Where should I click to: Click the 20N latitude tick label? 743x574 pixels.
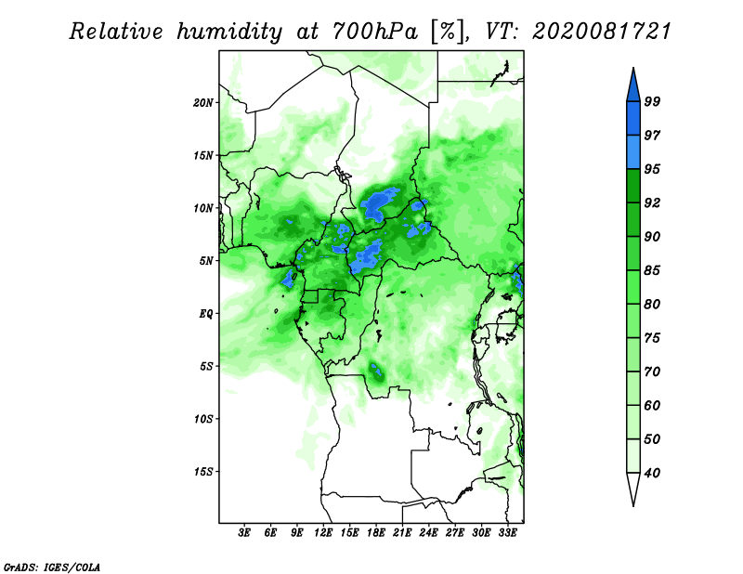click(x=203, y=103)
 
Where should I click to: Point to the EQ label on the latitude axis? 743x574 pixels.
click(x=206, y=314)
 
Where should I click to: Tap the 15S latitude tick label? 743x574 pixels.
click(x=203, y=472)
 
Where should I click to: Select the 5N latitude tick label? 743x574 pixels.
click(x=206, y=261)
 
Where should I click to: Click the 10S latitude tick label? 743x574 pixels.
click(x=203, y=419)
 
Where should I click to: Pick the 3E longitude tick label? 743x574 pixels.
click(x=244, y=533)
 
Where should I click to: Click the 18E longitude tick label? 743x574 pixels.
click(x=376, y=533)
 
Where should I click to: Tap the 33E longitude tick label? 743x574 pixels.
click(x=507, y=533)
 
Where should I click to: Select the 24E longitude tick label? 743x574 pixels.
click(x=428, y=533)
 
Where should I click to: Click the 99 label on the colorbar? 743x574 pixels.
click(x=652, y=101)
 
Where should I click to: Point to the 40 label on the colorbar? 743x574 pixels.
click(x=652, y=473)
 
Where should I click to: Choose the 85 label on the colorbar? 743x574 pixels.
click(x=652, y=270)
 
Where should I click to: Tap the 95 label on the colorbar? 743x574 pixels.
click(x=652, y=169)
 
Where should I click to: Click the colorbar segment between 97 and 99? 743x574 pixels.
click(x=633, y=119)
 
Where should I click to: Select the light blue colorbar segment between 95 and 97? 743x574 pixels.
click(x=633, y=152)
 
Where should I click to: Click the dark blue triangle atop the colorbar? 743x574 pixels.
click(x=633, y=87)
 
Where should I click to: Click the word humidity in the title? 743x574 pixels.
click(x=229, y=33)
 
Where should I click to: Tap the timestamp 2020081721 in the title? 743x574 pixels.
click(x=602, y=32)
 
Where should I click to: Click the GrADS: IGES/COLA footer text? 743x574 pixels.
click(x=52, y=567)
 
